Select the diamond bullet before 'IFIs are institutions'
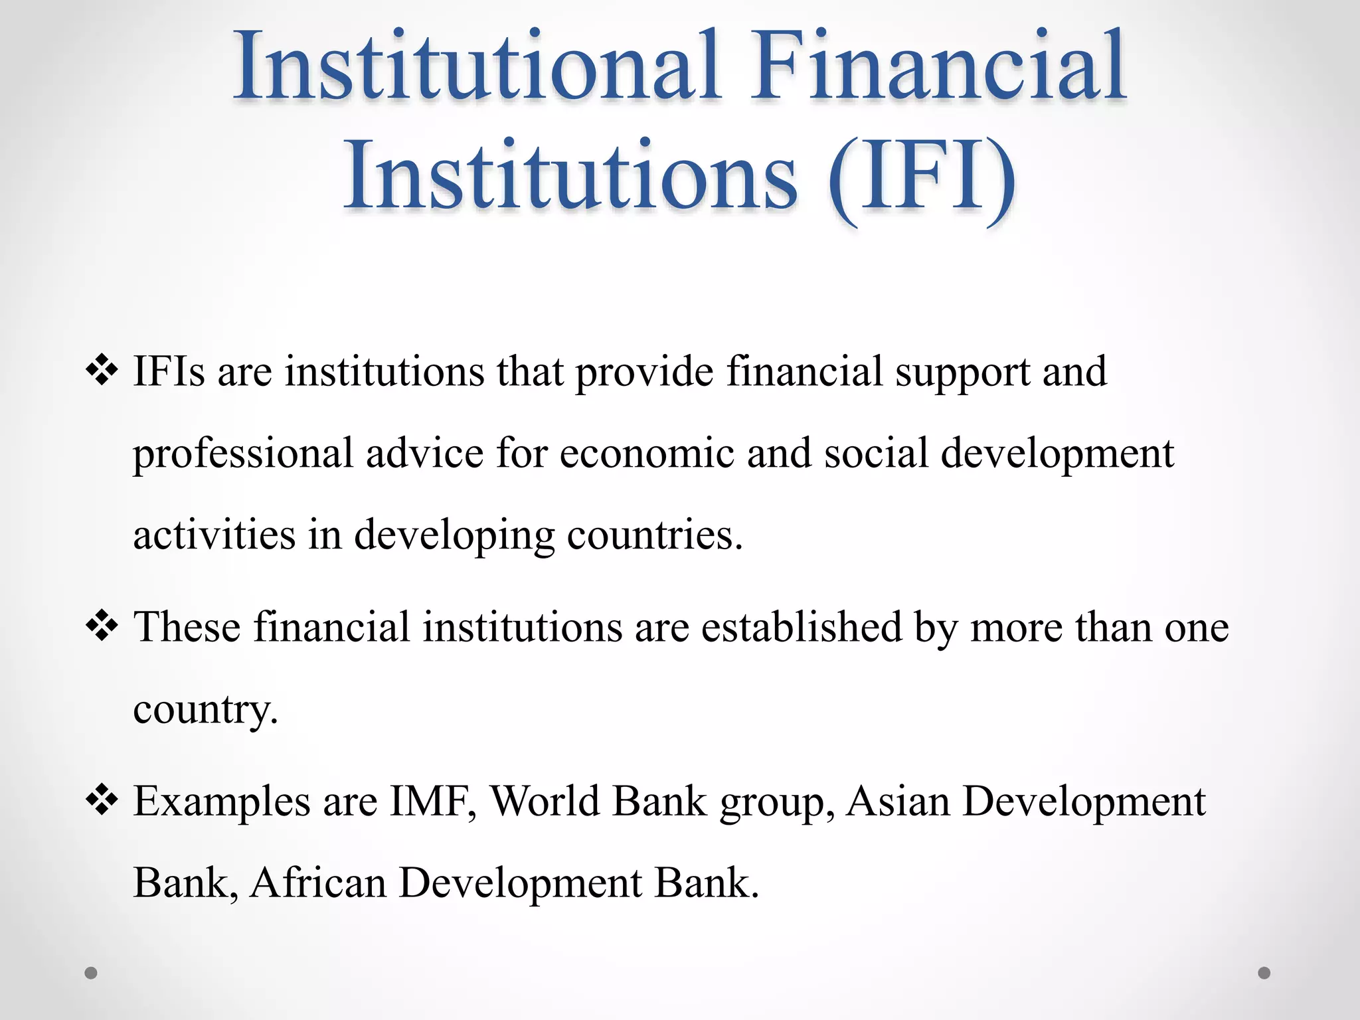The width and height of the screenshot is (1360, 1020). tap(102, 371)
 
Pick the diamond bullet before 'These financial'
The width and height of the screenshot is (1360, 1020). tap(102, 626)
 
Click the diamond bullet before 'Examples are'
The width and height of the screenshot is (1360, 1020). tap(102, 800)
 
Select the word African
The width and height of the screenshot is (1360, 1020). tap(318, 883)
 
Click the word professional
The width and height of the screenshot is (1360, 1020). tap(243, 454)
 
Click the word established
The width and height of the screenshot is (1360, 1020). tap(802, 626)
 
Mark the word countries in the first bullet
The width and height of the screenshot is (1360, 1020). tap(654, 535)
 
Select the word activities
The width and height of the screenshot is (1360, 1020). tap(214, 535)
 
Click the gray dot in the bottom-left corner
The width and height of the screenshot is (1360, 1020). tap(91, 973)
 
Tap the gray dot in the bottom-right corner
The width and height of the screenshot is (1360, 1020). tap(1264, 973)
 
